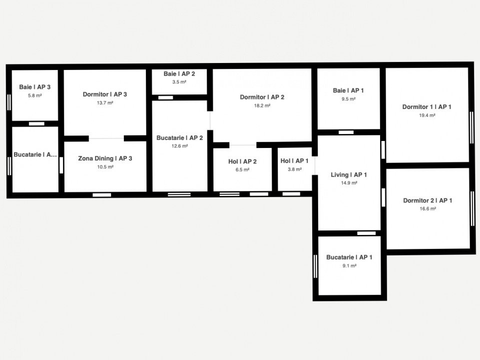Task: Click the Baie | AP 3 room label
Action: [x=34, y=87]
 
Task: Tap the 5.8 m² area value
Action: [x=34, y=95]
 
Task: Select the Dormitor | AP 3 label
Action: [x=105, y=94]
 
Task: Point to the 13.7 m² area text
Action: [x=105, y=103]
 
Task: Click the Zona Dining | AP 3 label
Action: [x=105, y=158]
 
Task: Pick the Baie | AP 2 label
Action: [x=179, y=74]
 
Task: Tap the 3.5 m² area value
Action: [x=179, y=82]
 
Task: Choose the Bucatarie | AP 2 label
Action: [x=179, y=138]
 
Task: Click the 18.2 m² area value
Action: [x=262, y=105]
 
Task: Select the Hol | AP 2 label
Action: [x=242, y=161]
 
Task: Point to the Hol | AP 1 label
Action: [x=294, y=161]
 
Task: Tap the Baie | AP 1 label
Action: [x=348, y=90]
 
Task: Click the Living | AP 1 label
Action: [x=348, y=174]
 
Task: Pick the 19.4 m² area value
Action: [x=427, y=115]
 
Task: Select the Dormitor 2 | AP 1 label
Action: [x=428, y=200]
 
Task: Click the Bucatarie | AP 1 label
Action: [x=349, y=257]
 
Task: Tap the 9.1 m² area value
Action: [x=349, y=266]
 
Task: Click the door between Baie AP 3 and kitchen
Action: [x=36, y=124]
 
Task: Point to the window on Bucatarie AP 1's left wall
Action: [x=315, y=266]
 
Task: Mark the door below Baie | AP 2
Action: [x=165, y=97]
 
